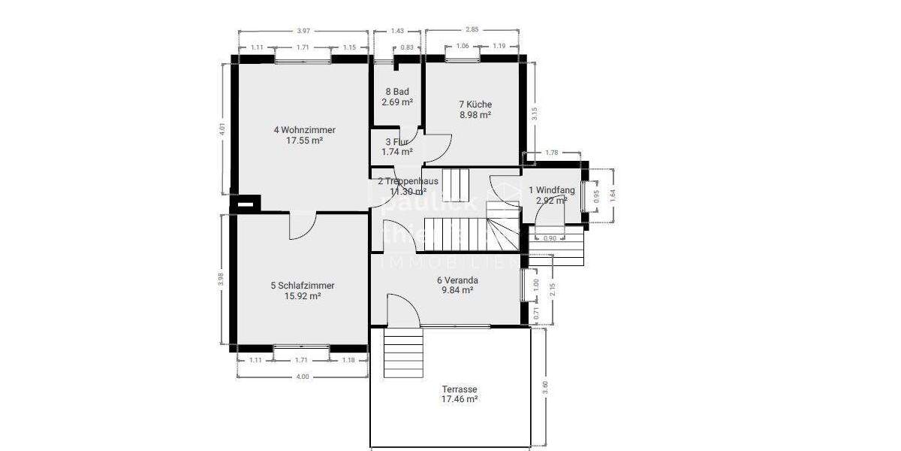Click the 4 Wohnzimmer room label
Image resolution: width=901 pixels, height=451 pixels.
(304, 130)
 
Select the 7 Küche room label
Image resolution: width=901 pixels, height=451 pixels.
(475, 104)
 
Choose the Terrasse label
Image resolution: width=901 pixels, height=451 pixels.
(460, 389)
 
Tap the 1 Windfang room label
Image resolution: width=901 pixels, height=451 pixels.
(552, 190)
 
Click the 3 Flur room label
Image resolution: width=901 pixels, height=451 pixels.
(396, 141)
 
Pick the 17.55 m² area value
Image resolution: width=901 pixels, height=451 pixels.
(304, 141)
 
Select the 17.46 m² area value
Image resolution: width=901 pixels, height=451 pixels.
(460, 400)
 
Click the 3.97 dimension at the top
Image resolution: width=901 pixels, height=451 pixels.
(303, 32)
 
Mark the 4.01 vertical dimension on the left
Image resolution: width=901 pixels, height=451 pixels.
(222, 129)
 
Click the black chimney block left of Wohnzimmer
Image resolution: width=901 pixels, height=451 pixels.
(246, 202)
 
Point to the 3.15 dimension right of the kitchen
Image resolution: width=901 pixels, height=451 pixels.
(534, 113)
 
